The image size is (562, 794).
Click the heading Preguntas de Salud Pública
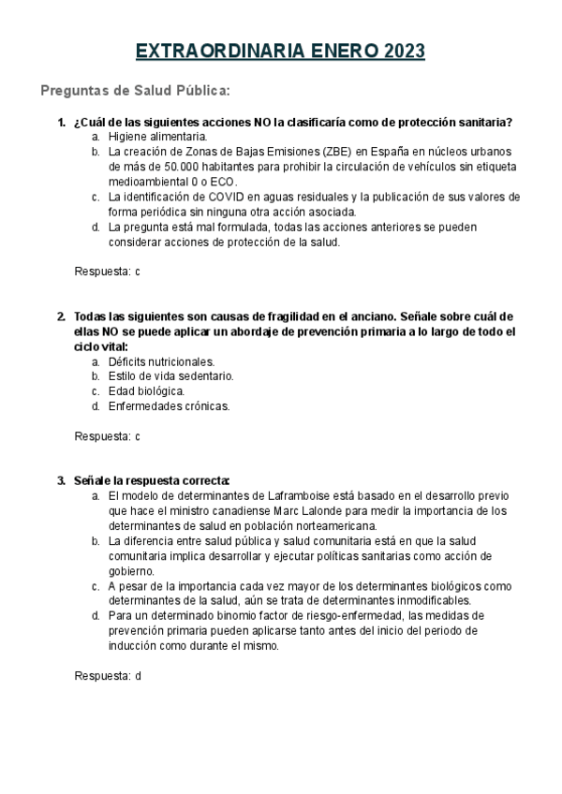pyautogui.click(x=135, y=91)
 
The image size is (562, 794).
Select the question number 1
pyautogui.click(x=61, y=122)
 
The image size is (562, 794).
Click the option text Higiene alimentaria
pyautogui.click(x=157, y=136)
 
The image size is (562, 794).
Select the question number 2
pyautogui.click(x=61, y=316)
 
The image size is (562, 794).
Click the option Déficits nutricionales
pyautogui.click(x=161, y=361)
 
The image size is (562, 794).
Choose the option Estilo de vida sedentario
pyautogui.click(x=170, y=376)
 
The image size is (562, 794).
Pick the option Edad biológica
pyautogui.click(x=146, y=391)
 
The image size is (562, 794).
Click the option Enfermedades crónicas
pyautogui.click(x=169, y=406)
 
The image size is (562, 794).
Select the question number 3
pyautogui.click(x=61, y=480)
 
